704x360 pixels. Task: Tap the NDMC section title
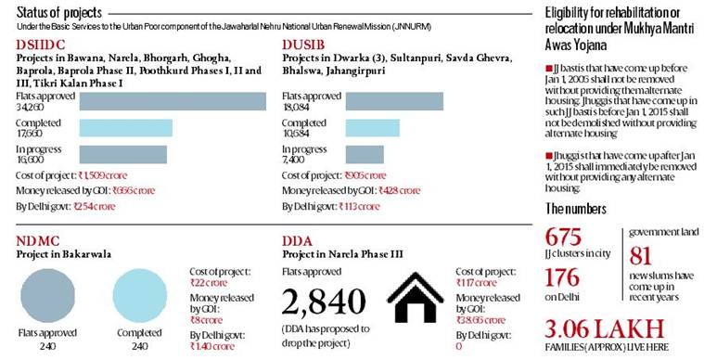[x=36, y=243]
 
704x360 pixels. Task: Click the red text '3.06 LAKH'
[x=606, y=328]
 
